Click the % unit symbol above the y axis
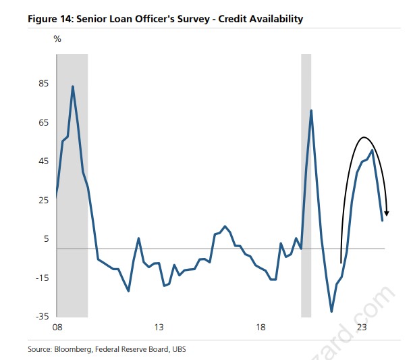[x=57, y=39]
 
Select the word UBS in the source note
[x=177, y=349]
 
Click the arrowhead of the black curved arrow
[x=387, y=214]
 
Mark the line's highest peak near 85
[x=72, y=86]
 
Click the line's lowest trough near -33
[x=331, y=311]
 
